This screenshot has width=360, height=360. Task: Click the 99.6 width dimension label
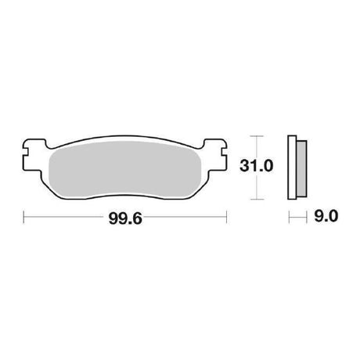(125, 218)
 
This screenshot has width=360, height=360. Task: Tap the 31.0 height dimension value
(256, 166)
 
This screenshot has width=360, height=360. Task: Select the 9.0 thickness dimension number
(326, 216)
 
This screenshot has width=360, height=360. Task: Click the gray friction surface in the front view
(125, 169)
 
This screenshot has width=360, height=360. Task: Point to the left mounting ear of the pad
(33, 155)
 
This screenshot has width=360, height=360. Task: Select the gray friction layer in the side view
(302, 168)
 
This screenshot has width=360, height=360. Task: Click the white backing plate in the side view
(292, 167)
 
